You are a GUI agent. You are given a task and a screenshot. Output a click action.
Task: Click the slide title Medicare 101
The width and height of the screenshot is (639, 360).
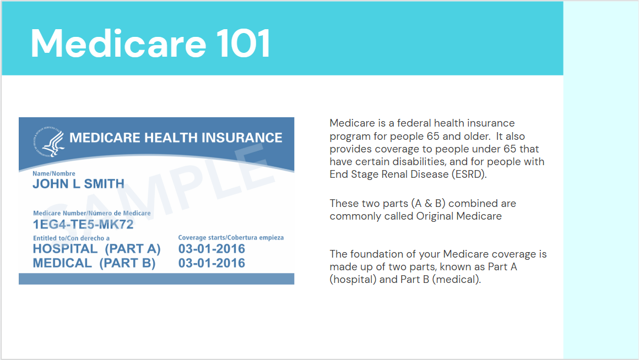(150, 43)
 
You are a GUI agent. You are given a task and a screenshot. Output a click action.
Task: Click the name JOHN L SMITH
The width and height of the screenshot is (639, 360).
(78, 184)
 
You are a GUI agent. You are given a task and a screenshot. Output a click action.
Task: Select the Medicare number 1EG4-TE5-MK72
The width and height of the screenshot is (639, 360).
(83, 225)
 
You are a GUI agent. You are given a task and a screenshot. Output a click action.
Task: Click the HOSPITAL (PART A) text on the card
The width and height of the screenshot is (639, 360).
(96, 249)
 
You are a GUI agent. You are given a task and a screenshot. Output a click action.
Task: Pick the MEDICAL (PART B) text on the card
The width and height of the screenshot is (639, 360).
(94, 263)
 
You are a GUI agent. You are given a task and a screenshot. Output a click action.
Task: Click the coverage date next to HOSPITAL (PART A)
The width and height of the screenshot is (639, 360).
(212, 249)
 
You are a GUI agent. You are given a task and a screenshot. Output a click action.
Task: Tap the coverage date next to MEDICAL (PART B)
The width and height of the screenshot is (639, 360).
(212, 263)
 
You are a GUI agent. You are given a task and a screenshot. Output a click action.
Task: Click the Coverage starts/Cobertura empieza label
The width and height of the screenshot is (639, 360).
(231, 238)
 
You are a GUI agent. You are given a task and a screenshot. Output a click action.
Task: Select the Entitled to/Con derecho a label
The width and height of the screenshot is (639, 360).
(71, 238)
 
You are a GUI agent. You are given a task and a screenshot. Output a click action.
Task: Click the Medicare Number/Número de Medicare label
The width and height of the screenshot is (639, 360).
(91, 213)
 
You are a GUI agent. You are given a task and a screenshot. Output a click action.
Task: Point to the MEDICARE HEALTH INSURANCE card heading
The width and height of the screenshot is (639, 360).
(176, 138)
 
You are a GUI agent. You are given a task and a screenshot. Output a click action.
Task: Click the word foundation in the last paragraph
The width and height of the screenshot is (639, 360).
(376, 254)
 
